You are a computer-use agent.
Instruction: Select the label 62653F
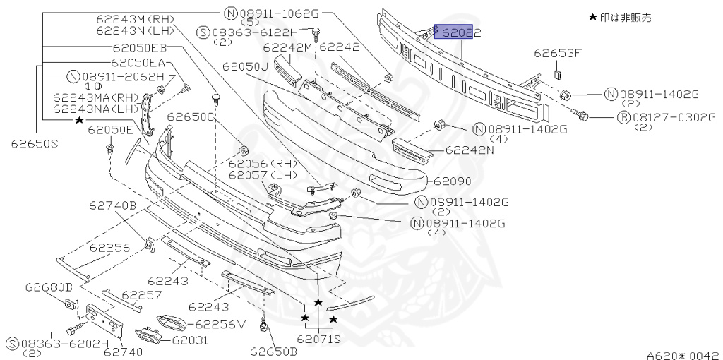coord(558,52)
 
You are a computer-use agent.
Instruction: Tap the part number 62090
coord(453,181)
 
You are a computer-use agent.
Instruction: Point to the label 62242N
coord(469,150)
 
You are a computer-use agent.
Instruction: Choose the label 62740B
coord(112,205)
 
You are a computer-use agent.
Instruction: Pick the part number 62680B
coord(49,287)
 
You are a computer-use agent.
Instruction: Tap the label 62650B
coord(273,350)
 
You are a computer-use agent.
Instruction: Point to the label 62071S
coord(319,339)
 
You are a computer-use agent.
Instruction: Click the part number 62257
coord(142,294)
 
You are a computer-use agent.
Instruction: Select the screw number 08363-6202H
coord(62,344)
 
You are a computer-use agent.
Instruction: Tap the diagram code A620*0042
coord(683,355)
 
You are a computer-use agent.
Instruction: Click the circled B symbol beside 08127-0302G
coord(623,118)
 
